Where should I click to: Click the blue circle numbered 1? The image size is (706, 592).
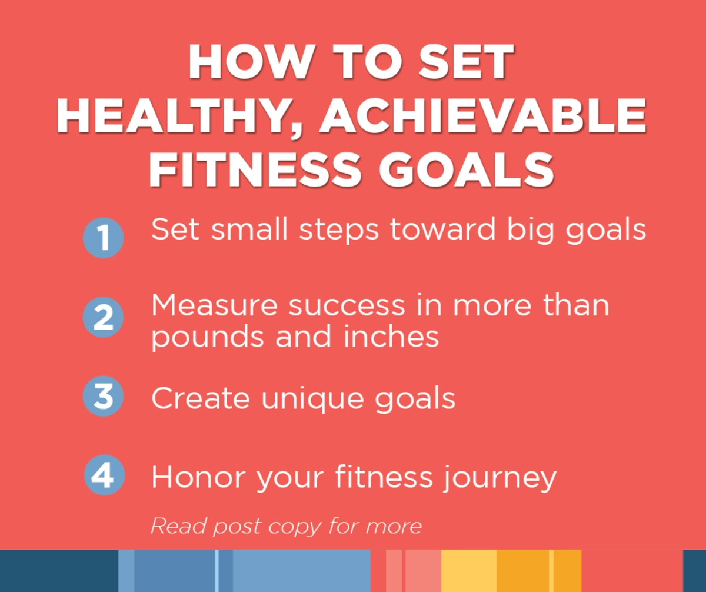click(104, 238)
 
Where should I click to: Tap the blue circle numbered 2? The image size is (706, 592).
click(103, 317)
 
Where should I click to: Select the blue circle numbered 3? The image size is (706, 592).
click(103, 396)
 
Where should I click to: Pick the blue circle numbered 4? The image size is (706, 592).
click(104, 475)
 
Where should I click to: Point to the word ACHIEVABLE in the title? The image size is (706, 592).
click(483, 116)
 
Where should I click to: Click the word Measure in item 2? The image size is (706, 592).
click(214, 305)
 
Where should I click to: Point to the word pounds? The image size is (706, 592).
click(207, 338)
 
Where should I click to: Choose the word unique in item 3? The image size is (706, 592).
click(313, 399)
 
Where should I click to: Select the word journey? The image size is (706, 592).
click(500, 478)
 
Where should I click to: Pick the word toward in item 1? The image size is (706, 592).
click(443, 230)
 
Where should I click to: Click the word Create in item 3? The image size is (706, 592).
click(201, 398)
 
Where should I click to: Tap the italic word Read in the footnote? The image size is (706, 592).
click(178, 526)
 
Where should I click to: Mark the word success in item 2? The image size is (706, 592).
click(347, 306)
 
